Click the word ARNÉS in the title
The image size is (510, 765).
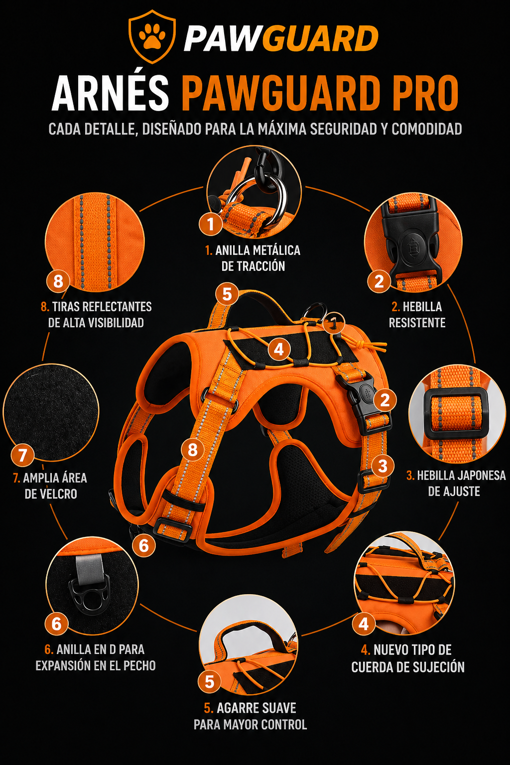point(111,93)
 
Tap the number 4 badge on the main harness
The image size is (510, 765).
point(279,349)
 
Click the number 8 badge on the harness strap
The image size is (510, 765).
point(193,449)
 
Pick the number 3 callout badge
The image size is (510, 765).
point(382,466)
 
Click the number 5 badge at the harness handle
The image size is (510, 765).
point(227,294)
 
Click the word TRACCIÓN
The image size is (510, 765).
point(253,266)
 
